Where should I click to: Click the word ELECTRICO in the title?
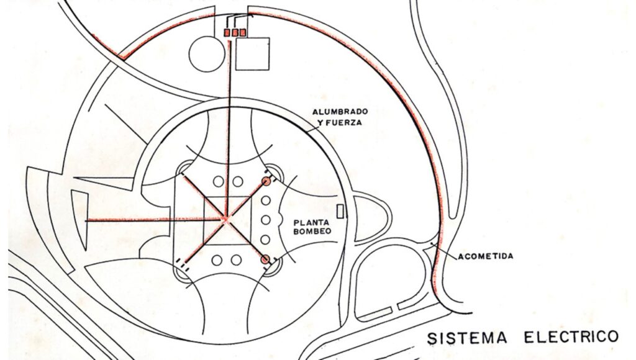[x=571, y=336]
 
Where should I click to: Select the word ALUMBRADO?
[x=340, y=112]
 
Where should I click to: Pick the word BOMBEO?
[x=311, y=231]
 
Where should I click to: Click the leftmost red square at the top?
[x=227, y=32]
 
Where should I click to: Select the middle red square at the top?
[x=235, y=32]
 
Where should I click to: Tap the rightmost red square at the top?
[x=243, y=32]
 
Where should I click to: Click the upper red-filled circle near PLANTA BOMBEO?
[x=266, y=182]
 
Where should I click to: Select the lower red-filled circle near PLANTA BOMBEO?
[x=266, y=259]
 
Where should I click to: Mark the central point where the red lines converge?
[x=225, y=219]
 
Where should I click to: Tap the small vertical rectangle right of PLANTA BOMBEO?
[x=340, y=210]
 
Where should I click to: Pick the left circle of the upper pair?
[x=217, y=181]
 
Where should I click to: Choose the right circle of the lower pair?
[x=237, y=259]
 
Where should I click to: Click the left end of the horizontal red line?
[x=85, y=220]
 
